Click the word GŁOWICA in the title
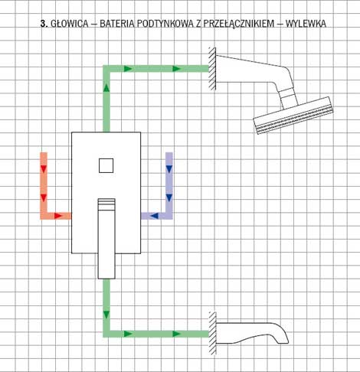70,24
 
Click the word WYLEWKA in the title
306,24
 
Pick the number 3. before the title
44,24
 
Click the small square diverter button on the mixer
106,165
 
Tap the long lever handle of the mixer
106,239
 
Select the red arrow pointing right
58,216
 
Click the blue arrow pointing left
154,216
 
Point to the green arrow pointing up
106,87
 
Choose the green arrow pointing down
106,315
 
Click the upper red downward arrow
44,169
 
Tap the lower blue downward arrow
169,197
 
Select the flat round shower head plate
293,116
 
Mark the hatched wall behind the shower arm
212,69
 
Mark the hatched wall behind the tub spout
212,333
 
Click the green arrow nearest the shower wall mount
177,69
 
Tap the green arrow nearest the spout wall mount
177,334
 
